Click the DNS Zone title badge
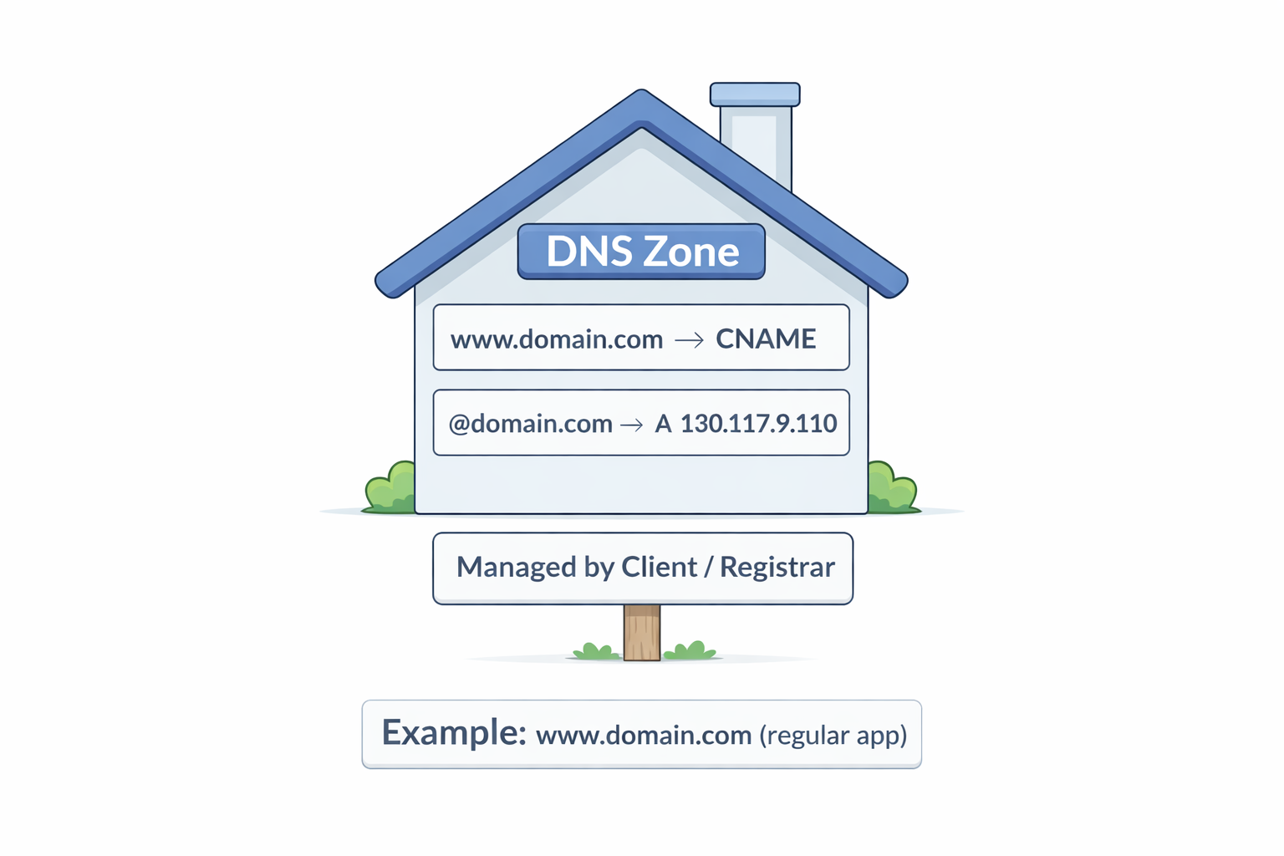[641, 252]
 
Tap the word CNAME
[766, 339]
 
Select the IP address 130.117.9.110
[758, 424]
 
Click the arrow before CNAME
[689, 340]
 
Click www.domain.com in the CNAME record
[557, 339]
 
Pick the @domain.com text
[531, 424]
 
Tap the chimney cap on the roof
[755, 94]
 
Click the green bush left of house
[390, 488]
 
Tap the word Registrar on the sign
[777, 568]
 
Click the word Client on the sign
[659, 568]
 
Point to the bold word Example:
[454, 733]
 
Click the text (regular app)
[833, 735]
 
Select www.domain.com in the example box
[644, 736]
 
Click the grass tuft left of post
[596, 651]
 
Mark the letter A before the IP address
[663, 424]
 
